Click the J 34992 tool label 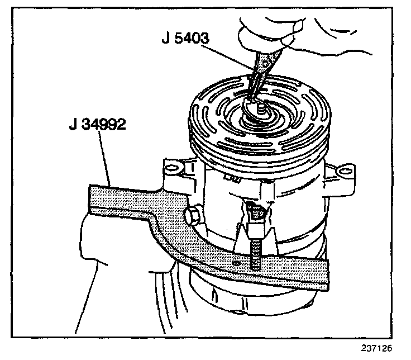click(x=96, y=124)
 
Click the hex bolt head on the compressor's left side click(x=192, y=214)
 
